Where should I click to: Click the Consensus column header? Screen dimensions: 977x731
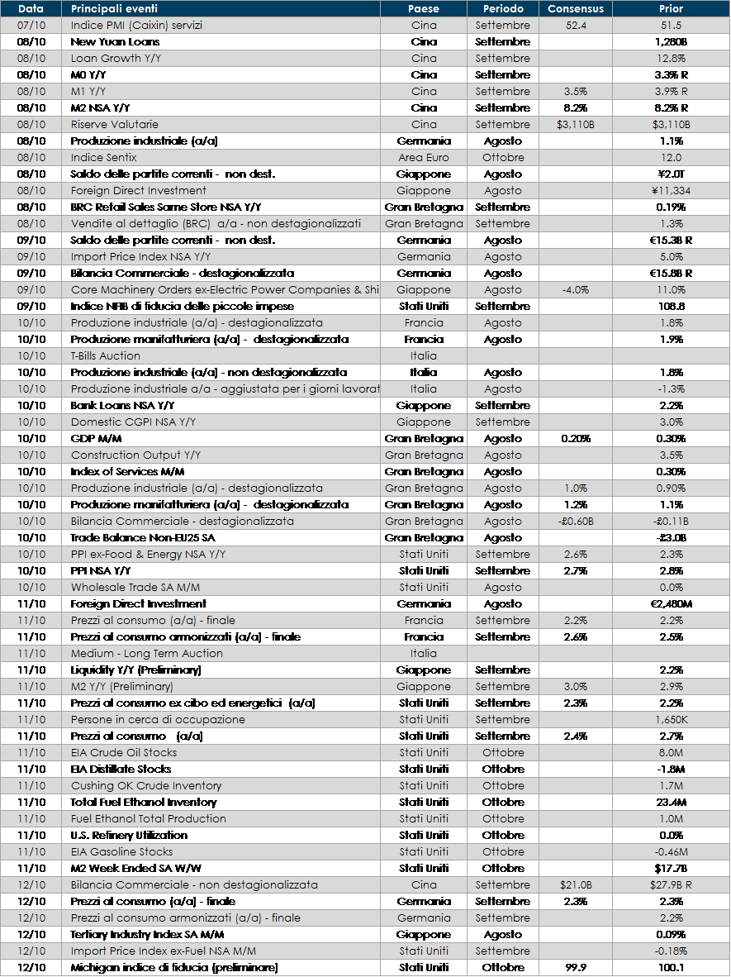click(x=576, y=8)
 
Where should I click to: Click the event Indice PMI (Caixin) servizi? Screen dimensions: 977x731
click(x=136, y=25)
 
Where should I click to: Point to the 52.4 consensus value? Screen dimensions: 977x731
click(x=576, y=25)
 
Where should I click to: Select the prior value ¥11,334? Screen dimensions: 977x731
click(x=671, y=190)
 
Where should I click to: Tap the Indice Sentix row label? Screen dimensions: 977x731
click(x=104, y=157)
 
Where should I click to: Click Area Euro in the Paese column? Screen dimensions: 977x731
click(x=424, y=157)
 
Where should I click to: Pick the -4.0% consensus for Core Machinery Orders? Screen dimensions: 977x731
click(x=576, y=289)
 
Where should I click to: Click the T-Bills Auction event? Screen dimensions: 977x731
click(x=106, y=355)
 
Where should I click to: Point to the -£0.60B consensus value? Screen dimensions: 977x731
click(x=576, y=521)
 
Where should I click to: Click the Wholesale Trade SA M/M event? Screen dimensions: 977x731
click(x=135, y=587)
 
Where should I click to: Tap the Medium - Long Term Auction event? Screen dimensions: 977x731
click(x=147, y=653)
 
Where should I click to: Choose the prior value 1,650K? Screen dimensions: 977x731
click(x=671, y=719)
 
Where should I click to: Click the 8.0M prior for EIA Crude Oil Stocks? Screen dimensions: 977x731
click(x=671, y=752)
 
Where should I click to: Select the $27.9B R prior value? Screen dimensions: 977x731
click(x=671, y=884)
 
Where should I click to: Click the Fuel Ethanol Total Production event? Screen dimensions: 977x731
click(x=149, y=818)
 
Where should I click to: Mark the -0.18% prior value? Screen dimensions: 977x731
click(x=671, y=951)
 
